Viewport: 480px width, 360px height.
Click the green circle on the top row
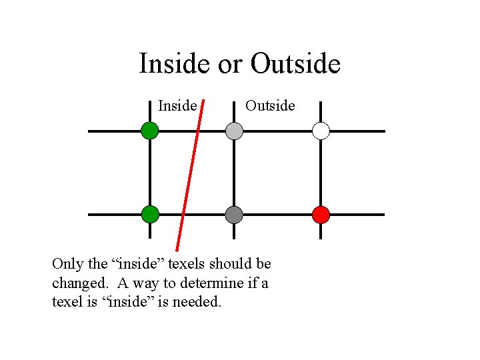click(150, 131)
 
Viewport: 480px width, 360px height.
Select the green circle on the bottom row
click(150, 214)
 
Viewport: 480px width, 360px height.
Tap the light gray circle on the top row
click(234, 131)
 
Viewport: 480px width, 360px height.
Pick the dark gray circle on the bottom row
click(234, 215)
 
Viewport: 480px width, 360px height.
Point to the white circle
click(321, 131)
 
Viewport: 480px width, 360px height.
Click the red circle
click(321, 215)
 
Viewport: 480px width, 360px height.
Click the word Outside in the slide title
click(296, 64)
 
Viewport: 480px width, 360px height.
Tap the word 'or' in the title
click(231, 64)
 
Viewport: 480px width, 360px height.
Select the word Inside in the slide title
click(175, 64)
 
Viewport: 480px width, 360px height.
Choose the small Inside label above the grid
click(177, 106)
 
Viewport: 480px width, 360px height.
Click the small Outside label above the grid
click(270, 106)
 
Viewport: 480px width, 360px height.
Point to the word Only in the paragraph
click(67, 264)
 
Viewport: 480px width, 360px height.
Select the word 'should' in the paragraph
click(227, 264)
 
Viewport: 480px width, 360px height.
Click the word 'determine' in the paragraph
click(212, 283)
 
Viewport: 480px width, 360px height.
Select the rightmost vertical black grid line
click(321, 173)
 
